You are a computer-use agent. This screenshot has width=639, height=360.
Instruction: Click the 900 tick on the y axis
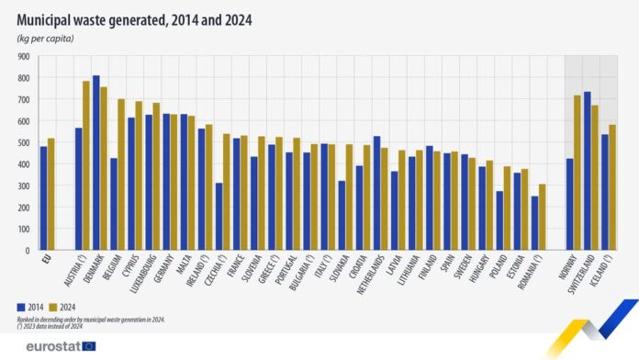point(23,56)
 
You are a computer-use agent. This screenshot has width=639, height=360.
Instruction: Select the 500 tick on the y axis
point(23,142)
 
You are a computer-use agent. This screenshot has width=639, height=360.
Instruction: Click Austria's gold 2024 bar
point(86,165)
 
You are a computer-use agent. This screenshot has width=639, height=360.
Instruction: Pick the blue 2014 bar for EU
point(43,197)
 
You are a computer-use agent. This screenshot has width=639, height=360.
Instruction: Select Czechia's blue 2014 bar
point(219,216)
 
